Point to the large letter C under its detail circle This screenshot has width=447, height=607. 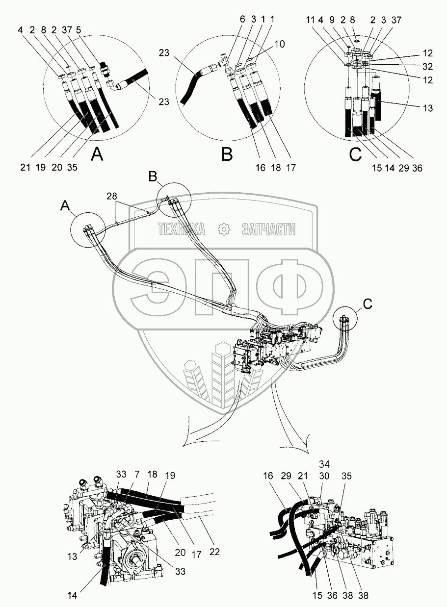pos(355,155)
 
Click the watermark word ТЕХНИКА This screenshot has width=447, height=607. pos(181,229)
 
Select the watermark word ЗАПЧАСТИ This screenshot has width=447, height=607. pos(268,229)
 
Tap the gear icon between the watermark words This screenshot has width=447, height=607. pos(223,229)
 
